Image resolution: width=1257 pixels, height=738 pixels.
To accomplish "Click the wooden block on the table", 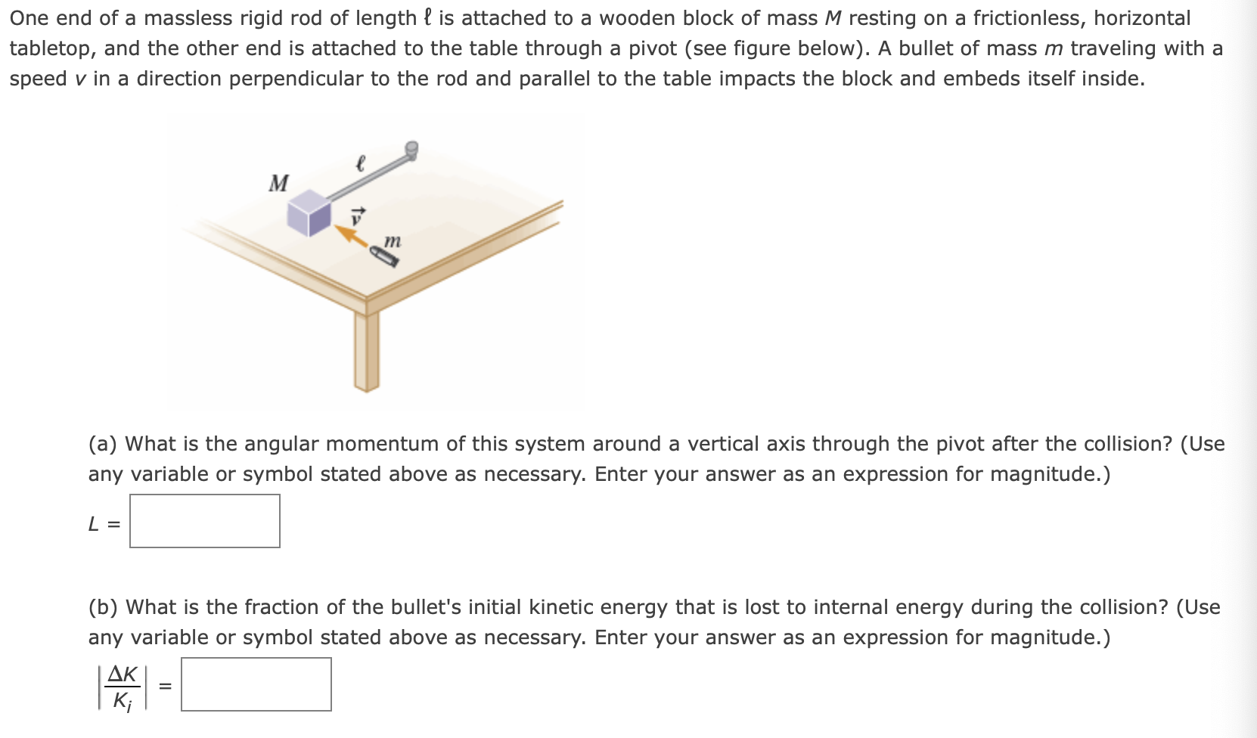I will [309, 212].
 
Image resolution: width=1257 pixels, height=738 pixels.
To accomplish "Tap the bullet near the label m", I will [386, 257].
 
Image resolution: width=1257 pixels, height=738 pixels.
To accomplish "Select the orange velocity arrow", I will [352, 237].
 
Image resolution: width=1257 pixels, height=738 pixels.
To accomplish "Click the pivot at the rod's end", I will [411, 150].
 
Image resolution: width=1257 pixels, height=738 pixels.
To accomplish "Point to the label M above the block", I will [278, 183].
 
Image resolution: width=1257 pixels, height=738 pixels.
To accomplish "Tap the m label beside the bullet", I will [392, 240].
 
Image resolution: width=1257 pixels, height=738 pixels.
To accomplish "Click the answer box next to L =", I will [205, 521].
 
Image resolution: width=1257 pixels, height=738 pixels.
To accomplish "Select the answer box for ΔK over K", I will [256, 684].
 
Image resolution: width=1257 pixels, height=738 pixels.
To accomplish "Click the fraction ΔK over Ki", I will [123, 686].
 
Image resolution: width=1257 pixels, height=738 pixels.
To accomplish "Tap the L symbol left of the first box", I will [94, 523].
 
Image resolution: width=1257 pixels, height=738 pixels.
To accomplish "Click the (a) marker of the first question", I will [102, 444].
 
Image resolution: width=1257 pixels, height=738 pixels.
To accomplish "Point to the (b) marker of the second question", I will [103, 607].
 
